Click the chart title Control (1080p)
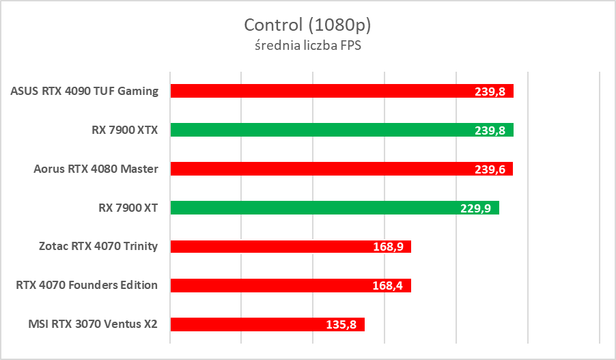click(x=307, y=25)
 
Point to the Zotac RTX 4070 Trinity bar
click(x=273, y=247)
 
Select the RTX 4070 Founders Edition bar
click(x=273, y=286)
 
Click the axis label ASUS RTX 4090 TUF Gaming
click(x=85, y=91)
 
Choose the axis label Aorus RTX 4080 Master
click(x=96, y=169)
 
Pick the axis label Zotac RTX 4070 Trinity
click(x=98, y=247)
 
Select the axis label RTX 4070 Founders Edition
click(x=87, y=286)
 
